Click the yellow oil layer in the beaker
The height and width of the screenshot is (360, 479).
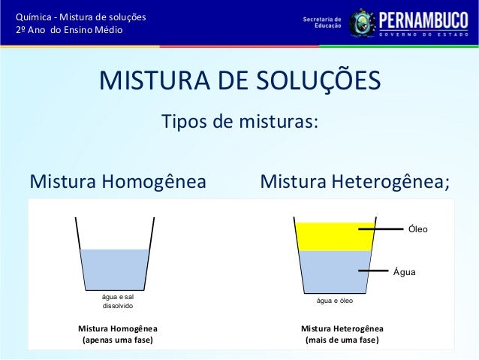pyautogui.click(x=335, y=236)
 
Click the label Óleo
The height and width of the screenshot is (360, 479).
pyautogui.click(x=418, y=228)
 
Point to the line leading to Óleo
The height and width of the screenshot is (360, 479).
pyautogui.click(x=381, y=228)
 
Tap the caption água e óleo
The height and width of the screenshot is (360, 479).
pyautogui.click(x=335, y=301)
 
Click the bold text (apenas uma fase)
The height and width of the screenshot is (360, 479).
pyautogui.click(x=117, y=340)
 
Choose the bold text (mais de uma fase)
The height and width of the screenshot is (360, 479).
pyautogui.click(x=342, y=340)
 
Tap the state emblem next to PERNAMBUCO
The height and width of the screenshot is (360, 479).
pyautogui.click(x=360, y=21)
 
